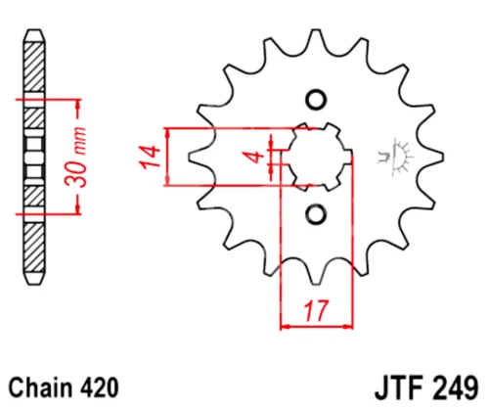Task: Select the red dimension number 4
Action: pos(255,157)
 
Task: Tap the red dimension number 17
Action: pos(316,310)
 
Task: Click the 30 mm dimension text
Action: pos(77,158)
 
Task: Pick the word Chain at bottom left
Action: pos(40,387)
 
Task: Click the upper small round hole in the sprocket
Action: pos(316,99)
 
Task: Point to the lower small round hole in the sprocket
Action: pos(316,214)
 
